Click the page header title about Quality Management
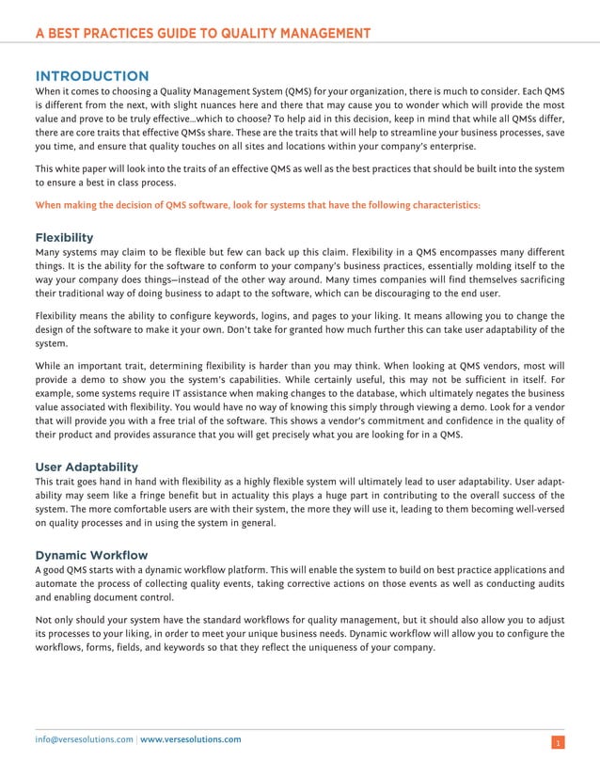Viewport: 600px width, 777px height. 202,35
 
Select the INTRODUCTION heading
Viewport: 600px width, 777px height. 91,75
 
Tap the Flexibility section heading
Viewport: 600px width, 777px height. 63,237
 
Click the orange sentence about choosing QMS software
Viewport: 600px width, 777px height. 257,203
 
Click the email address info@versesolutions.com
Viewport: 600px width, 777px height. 84,739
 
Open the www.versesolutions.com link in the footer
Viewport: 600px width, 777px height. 190,739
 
